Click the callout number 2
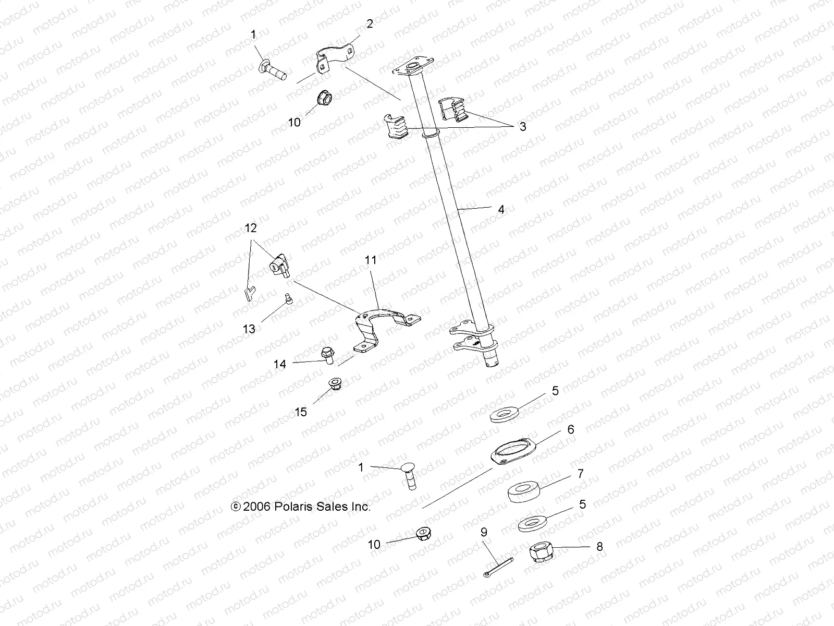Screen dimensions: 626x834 370,23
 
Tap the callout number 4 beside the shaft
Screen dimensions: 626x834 501,210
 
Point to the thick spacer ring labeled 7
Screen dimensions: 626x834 524,492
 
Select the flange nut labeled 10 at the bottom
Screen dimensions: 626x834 423,534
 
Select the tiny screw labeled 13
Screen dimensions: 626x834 287,299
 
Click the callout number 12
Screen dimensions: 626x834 251,228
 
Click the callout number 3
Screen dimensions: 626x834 522,126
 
